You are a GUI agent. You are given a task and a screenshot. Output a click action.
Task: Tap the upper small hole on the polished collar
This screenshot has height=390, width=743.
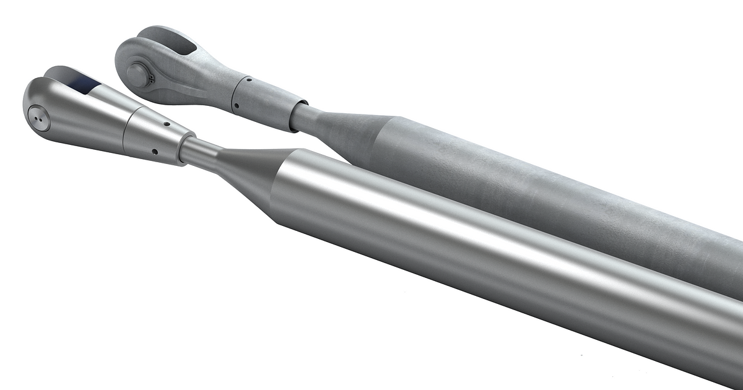click(166, 123)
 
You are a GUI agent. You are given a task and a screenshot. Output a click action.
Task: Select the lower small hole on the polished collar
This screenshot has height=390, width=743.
click(154, 150)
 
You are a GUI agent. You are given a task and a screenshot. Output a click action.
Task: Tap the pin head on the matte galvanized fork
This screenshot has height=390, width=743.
click(137, 75)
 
